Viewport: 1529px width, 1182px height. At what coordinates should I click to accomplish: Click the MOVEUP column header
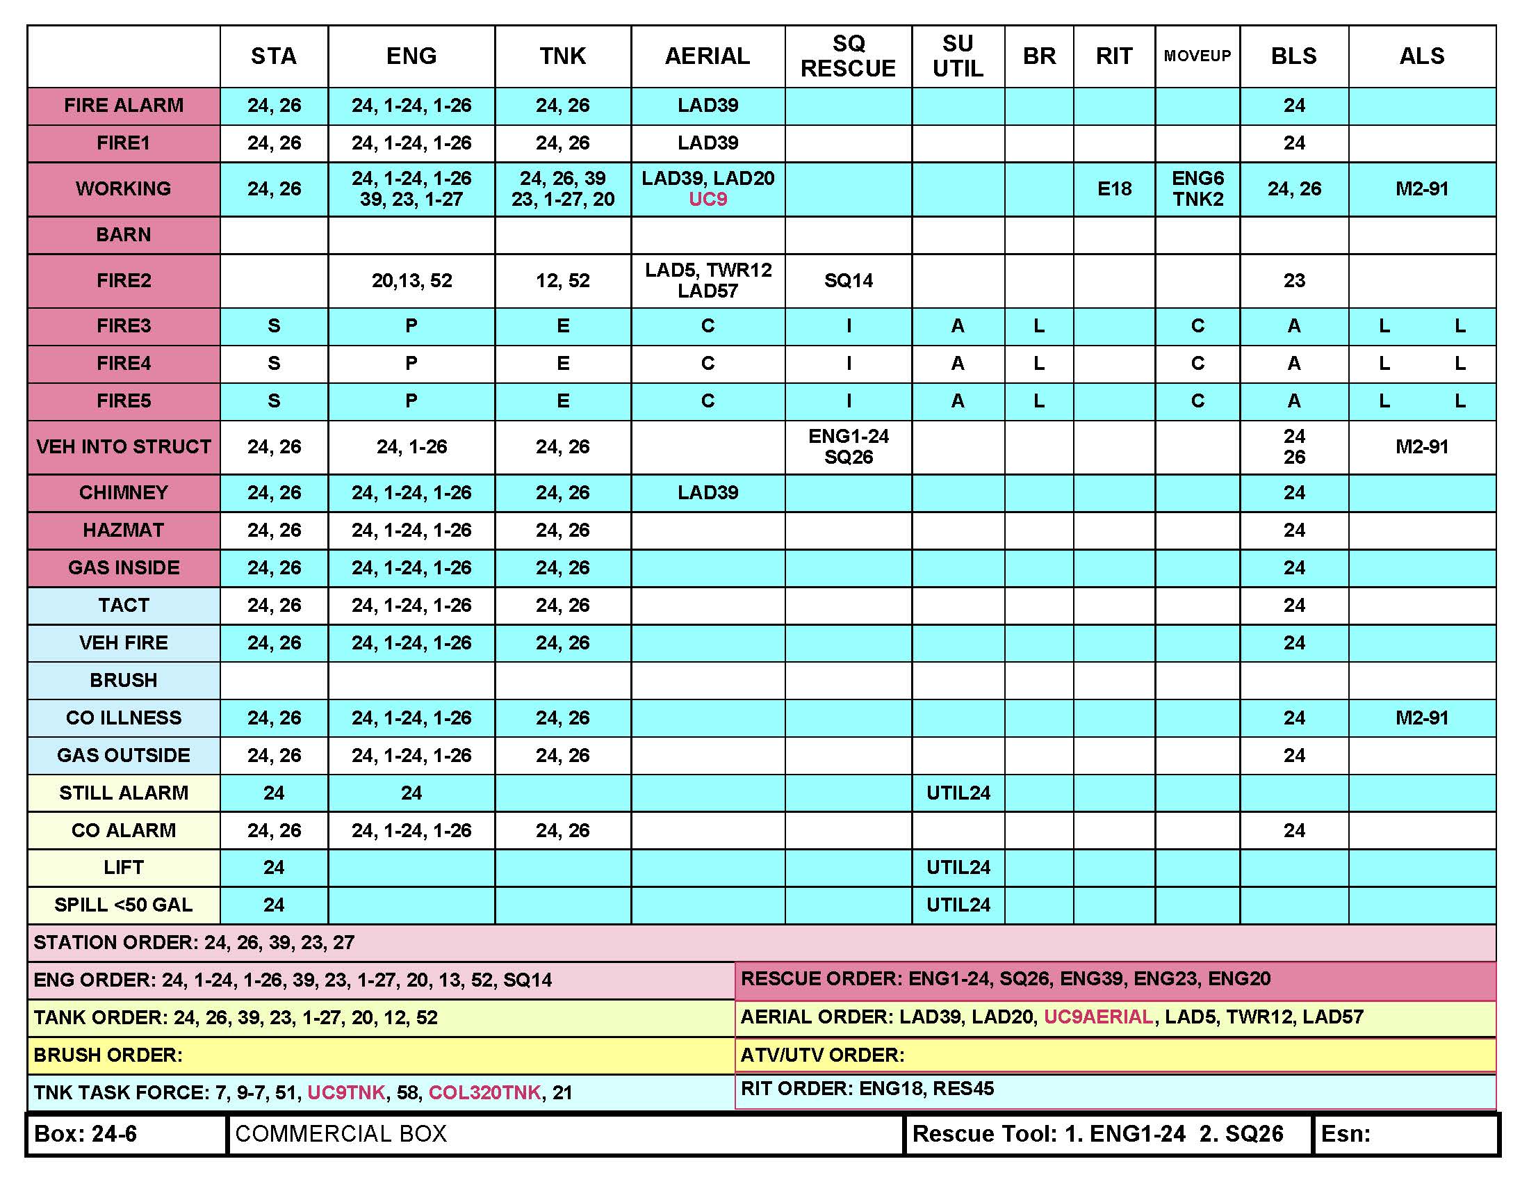(x=1197, y=56)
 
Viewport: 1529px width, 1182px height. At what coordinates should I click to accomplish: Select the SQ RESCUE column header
(x=848, y=56)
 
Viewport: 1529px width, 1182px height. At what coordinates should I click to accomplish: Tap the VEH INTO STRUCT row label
(x=123, y=447)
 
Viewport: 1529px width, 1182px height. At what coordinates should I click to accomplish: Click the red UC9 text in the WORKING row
(x=708, y=200)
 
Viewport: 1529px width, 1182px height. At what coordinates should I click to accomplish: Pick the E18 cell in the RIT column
(x=1114, y=189)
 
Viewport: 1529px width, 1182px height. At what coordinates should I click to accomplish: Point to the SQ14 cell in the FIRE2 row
(x=848, y=281)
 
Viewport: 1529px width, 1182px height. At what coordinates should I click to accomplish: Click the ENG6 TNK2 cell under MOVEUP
(x=1197, y=189)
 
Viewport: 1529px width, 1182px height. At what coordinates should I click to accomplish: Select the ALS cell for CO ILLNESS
(x=1421, y=718)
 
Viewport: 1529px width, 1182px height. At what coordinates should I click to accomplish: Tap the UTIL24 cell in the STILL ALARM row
(x=958, y=793)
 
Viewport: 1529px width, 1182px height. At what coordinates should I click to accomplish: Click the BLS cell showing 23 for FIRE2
(x=1294, y=281)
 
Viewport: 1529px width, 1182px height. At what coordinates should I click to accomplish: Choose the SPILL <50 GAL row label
(x=123, y=905)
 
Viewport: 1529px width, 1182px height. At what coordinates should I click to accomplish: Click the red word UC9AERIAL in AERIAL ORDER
(x=1097, y=1017)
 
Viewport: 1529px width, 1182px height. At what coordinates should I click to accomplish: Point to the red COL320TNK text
(x=484, y=1092)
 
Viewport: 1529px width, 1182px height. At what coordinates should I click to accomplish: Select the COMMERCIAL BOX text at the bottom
(x=341, y=1134)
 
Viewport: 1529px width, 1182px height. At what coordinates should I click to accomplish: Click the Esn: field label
(x=1346, y=1134)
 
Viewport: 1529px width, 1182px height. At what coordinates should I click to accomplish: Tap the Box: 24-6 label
(x=85, y=1134)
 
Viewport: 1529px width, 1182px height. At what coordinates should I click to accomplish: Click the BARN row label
(x=123, y=234)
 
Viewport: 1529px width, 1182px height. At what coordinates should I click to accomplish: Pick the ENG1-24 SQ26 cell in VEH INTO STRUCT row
(x=848, y=447)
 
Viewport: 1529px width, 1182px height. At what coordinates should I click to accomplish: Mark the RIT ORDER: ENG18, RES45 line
(x=867, y=1089)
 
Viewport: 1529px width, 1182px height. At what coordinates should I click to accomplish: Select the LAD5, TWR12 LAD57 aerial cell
(x=708, y=281)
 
